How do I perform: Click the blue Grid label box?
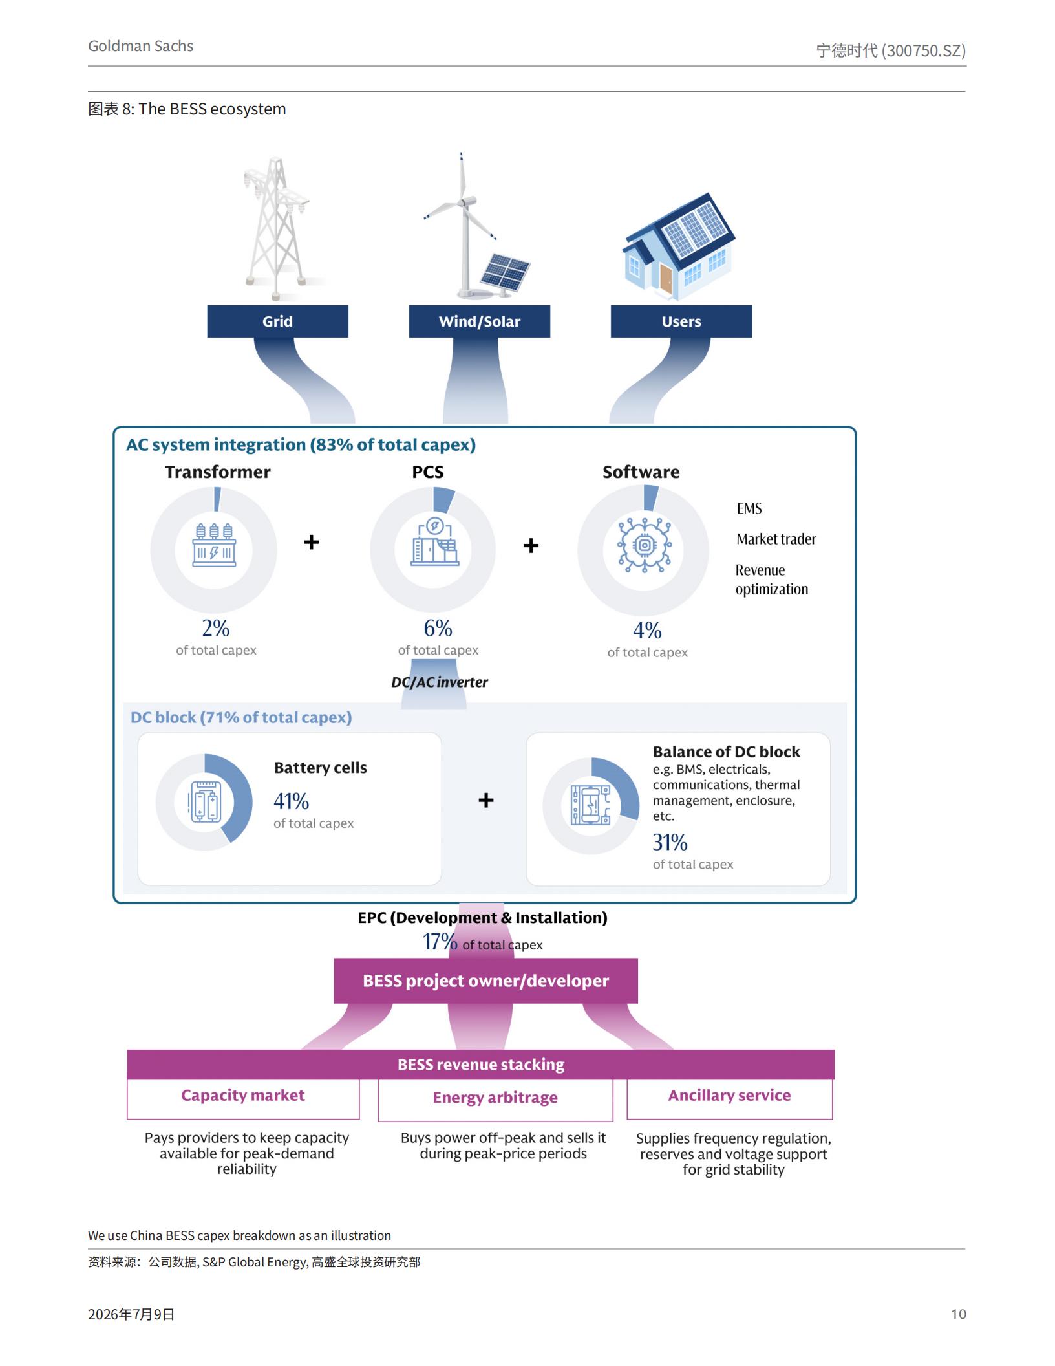[x=277, y=321]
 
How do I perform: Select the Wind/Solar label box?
[x=479, y=321]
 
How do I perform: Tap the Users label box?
[x=681, y=321]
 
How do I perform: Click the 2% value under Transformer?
[x=216, y=628]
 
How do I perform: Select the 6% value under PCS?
[x=438, y=628]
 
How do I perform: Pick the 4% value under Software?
[x=647, y=630]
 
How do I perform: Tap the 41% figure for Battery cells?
[x=291, y=801]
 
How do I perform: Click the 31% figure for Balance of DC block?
[x=670, y=842]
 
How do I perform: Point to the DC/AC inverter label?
[x=440, y=682]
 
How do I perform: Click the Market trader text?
[x=776, y=539]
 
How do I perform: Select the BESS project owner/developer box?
[x=485, y=981]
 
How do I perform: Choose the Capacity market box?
[x=243, y=1098]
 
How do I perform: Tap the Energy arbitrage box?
[x=495, y=1100]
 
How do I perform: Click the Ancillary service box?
[x=730, y=1098]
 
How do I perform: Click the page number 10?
[x=958, y=1314]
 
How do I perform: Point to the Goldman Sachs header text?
[x=141, y=46]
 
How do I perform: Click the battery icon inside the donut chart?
[x=204, y=802]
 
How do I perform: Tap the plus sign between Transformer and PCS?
[x=312, y=542]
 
